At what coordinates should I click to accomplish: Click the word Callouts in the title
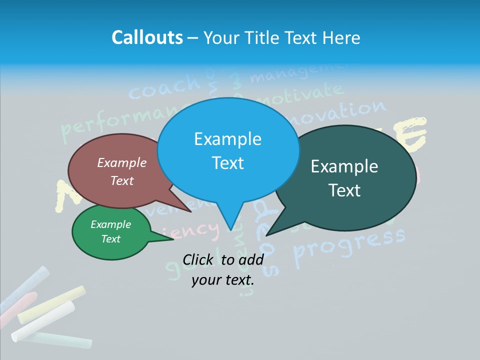click(147, 38)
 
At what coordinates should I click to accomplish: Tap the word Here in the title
click(342, 38)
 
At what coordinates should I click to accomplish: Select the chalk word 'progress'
click(350, 245)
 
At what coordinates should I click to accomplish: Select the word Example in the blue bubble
click(227, 139)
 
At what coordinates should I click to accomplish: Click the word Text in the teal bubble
click(345, 190)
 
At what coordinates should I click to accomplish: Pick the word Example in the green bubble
click(110, 224)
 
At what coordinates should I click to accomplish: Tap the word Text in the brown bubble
click(122, 181)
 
